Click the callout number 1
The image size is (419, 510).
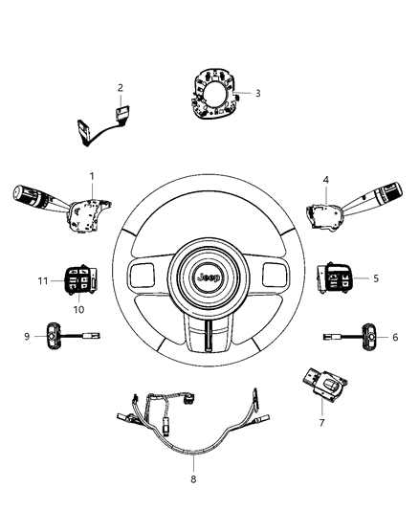(92, 177)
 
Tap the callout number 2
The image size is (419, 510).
(121, 88)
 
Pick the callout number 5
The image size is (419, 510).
(376, 278)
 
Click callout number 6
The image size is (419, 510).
(395, 337)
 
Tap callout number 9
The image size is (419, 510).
(28, 335)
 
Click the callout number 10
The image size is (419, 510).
(78, 309)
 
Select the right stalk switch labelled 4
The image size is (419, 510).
(342, 207)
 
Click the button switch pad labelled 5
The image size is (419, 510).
(335, 278)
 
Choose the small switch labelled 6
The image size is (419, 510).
(363, 336)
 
